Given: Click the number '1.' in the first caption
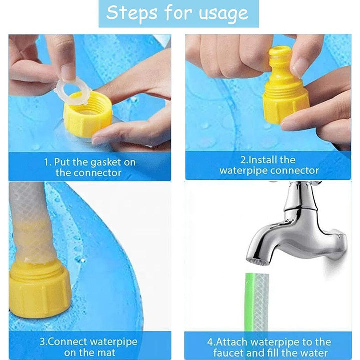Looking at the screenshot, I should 47,162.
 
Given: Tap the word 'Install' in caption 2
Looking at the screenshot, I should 263,160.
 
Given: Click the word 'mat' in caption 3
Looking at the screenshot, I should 106,353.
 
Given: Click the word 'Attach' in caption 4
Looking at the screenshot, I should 232,342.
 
